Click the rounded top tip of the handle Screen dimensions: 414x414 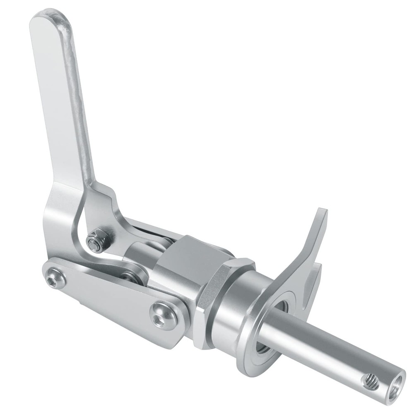(50, 19)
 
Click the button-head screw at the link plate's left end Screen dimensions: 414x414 (54, 281)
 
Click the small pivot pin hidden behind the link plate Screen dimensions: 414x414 (132, 277)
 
